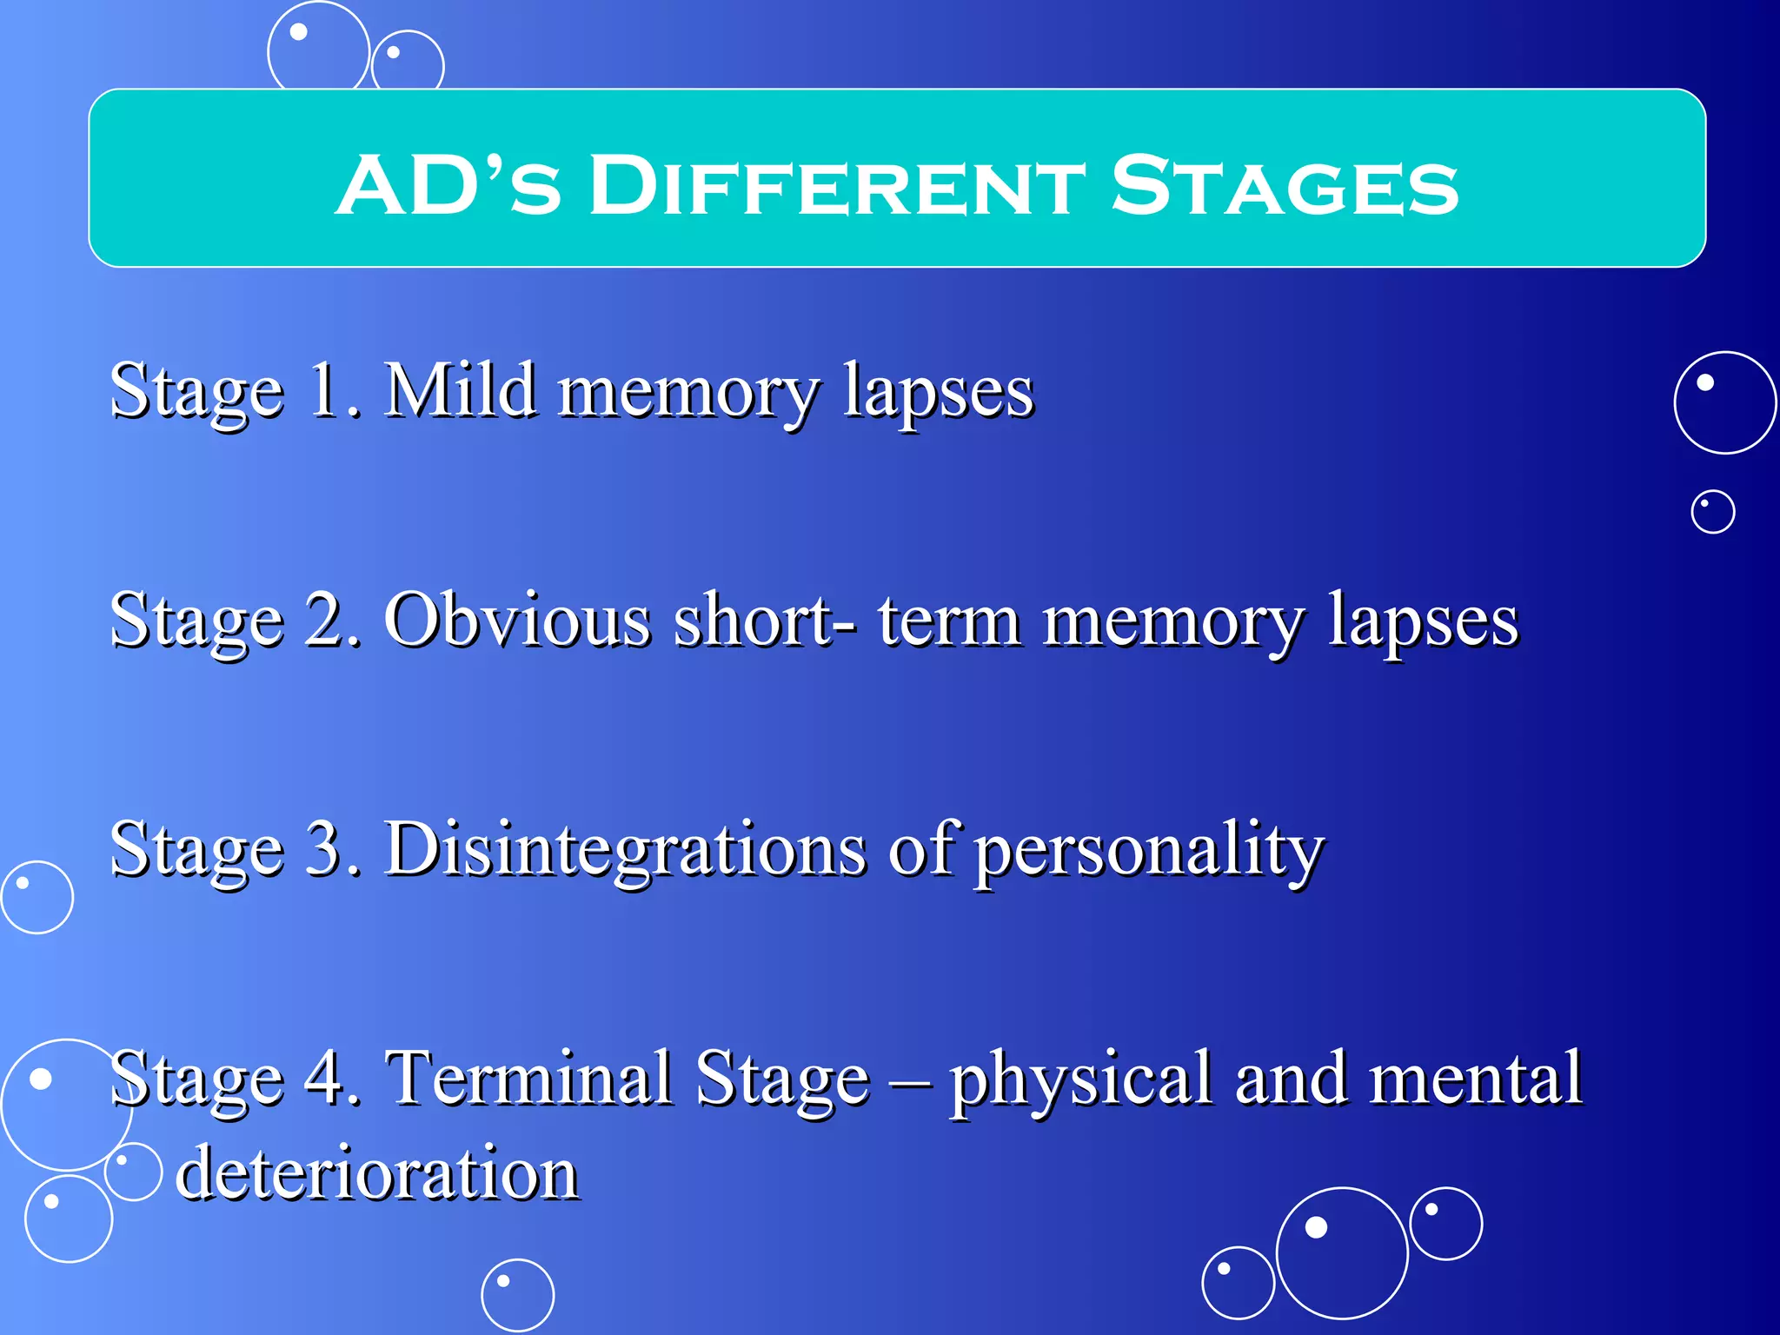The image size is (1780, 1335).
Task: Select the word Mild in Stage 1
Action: coord(460,390)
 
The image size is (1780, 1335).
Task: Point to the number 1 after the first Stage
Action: coord(326,390)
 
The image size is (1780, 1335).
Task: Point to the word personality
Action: coord(1148,852)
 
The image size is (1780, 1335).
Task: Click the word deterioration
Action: coord(377,1173)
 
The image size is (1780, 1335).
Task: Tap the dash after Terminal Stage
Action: coord(910,1082)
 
